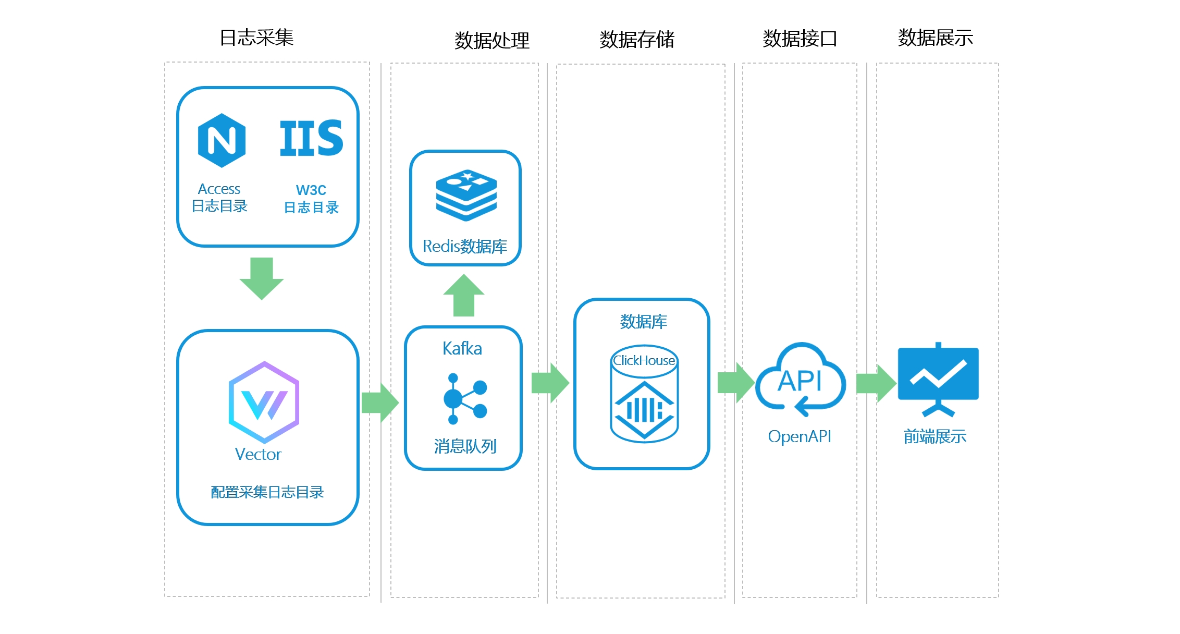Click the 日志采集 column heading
257,38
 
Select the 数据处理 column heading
491,40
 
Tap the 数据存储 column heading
636,39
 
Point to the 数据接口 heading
800,39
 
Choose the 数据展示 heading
935,38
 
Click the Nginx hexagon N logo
222,140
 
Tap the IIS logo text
311,138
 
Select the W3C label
311,190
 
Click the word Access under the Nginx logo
219,189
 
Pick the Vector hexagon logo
264,402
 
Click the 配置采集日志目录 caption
267,492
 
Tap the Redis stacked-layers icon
466,195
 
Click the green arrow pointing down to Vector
262,278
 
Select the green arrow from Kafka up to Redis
464,295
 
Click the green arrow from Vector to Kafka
380,403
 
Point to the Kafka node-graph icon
464,398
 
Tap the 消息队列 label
465,446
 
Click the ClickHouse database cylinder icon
644,394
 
